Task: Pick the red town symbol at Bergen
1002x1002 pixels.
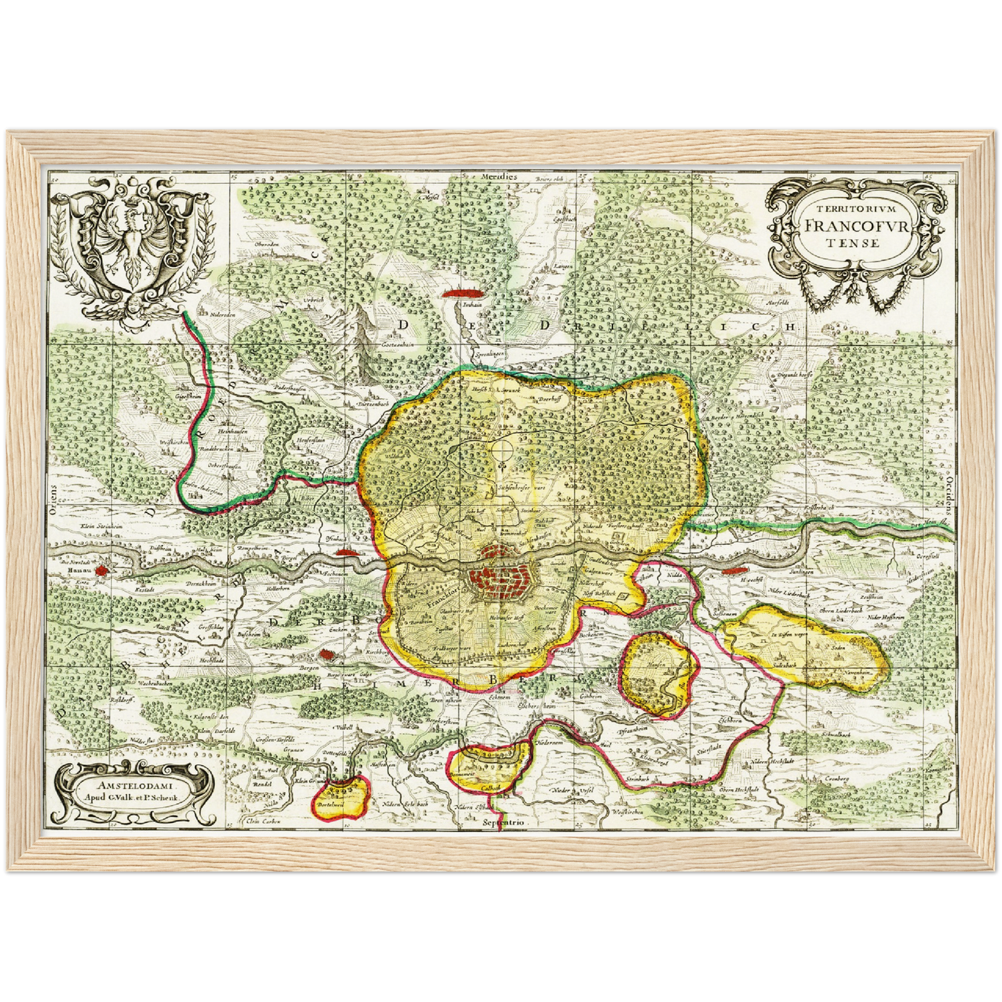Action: click(326, 654)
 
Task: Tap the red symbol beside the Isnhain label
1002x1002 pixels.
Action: click(461, 293)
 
